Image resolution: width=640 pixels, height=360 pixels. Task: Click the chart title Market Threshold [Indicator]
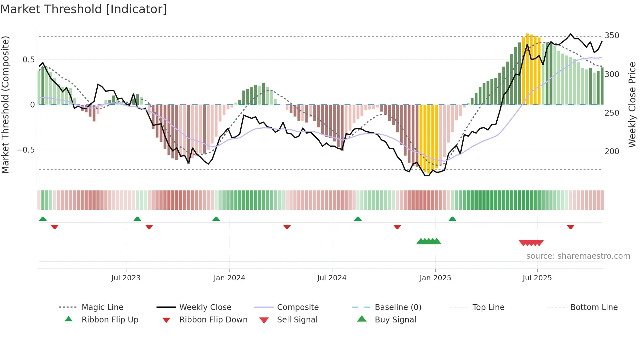pos(84,9)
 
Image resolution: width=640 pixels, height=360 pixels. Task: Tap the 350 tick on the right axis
pos(612,36)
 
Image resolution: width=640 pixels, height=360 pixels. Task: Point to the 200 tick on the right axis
pos(612,152)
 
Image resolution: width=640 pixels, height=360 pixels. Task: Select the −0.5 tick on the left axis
pos(25,150)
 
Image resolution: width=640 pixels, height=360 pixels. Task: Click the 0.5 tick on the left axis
pos(28,60)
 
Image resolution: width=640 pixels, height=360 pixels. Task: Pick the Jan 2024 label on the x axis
pos(229,278)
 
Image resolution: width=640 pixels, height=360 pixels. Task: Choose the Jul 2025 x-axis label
pos(537,278)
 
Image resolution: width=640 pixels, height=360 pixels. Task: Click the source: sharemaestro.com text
pos(578,256)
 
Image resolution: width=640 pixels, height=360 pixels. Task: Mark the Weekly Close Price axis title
pos(632,105)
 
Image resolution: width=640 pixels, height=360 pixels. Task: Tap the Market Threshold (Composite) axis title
pos(6,105)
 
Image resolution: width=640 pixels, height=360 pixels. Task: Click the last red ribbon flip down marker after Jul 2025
pos(570,227)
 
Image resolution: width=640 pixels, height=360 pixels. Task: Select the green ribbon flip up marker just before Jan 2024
pos(216,219)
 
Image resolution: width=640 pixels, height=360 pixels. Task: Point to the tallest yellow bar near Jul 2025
pos(527,69)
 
